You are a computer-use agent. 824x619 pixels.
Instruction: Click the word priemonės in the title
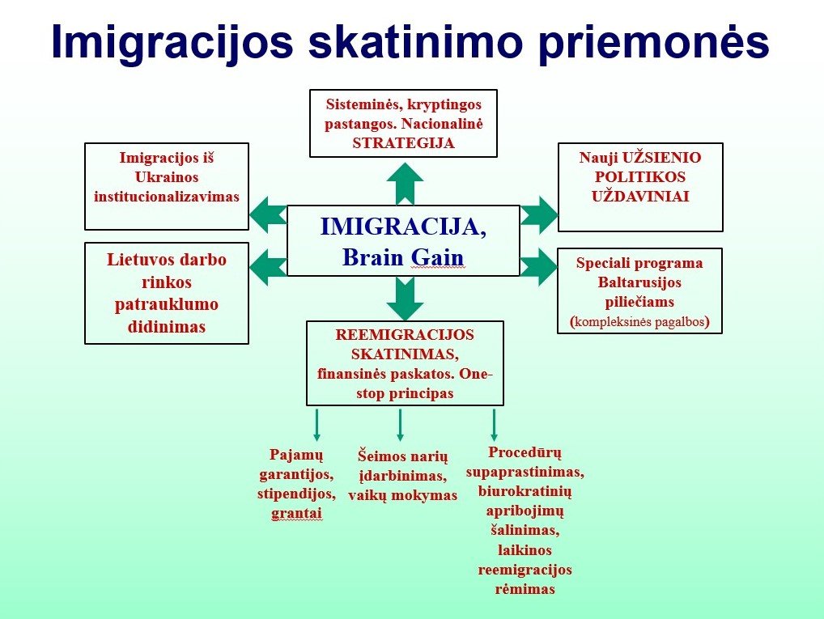tap(655, 42)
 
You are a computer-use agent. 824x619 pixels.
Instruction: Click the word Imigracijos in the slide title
tap(172, 42)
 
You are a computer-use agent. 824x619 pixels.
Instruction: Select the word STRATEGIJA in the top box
tap(404, 143)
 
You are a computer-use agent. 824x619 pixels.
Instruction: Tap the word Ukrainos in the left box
tap(167, 177)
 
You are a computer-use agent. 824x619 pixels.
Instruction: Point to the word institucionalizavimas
tap(167, 197)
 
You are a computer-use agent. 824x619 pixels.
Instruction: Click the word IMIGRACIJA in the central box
tap(404, 227)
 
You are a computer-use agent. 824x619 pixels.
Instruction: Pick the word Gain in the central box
tap(437, 257)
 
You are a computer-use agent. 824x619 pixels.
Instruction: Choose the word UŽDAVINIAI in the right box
tap(640, 197)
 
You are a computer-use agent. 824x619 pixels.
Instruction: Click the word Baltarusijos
tap(639, 282)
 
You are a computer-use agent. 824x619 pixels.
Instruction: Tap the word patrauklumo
tap(167, 305)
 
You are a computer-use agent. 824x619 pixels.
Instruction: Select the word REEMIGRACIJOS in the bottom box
tap(405, 335)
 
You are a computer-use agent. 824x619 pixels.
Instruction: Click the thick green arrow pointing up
tap(405, 184)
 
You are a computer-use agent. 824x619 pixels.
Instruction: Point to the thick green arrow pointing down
tap(405, 299)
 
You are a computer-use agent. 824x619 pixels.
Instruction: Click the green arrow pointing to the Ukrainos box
tap(267, 214)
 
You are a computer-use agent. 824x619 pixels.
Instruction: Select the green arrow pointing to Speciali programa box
tap(538, 268)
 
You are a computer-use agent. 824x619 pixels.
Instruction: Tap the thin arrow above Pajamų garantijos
tap(316, 425)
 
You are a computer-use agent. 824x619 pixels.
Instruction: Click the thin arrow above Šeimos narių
tap(400, 425)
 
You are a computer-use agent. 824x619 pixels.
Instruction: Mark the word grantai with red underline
tap(296, 513)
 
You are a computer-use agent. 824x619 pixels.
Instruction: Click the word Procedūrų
tap(525, 452)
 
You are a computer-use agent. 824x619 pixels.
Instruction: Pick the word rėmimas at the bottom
tap(525, 589)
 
